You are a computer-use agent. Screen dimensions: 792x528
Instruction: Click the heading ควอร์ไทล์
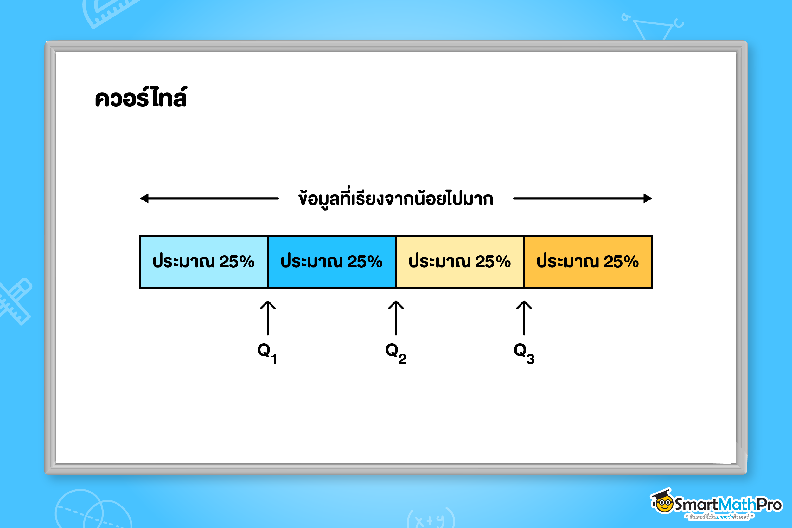point(141,97)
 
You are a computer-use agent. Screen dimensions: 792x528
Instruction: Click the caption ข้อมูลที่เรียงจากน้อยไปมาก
point(396,198)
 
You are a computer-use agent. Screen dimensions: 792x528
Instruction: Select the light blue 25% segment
point(203,262)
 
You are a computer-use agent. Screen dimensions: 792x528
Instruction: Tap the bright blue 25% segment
point(332,262)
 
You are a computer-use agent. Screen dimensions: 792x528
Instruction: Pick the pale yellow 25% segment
point(460,262)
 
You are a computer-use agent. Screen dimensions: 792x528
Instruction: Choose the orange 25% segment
point(588,262)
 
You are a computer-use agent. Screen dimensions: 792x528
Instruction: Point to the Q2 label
point(396,353)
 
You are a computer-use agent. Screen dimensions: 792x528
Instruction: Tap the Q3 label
point(524,353)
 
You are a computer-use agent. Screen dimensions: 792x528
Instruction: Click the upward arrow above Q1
point(268,318)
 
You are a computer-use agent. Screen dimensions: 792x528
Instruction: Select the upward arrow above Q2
point(396,318)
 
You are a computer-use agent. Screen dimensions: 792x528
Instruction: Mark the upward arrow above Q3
point(524,318)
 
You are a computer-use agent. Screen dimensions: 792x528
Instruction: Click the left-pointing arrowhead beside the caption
point(144,198)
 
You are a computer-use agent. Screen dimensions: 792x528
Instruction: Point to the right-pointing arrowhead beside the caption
point(648,198)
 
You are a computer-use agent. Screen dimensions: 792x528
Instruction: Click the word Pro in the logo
point(769,505)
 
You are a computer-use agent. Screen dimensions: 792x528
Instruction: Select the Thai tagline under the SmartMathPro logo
point(719,517)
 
